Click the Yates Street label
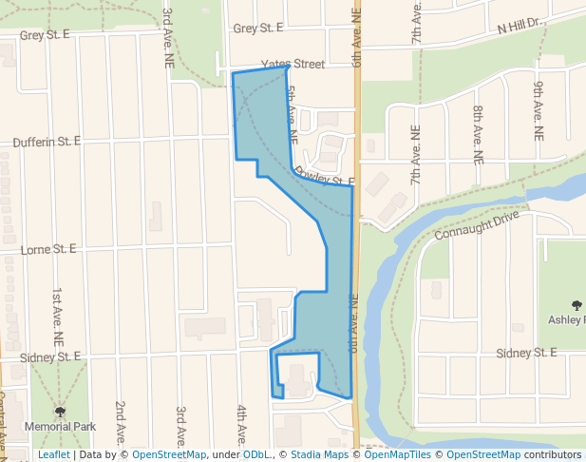click(293, 65)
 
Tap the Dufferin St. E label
click(47, 142)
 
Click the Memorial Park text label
click(60, 428)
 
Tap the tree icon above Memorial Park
click(60, 413)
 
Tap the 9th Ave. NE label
click(538, 111)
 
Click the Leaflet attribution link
click(53, 455)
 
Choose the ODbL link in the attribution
click(255, 455)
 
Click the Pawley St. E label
click(325, 178)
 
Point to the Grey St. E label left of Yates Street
click(46, 34)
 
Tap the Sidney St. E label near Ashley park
click(525, 353)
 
